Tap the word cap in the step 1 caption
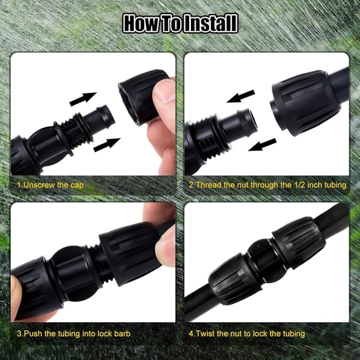point(76,186)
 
